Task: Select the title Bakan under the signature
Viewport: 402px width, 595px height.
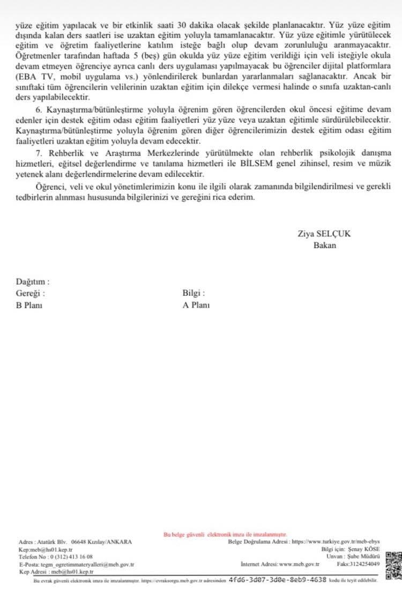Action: pyautogui.click(x=325, y=246)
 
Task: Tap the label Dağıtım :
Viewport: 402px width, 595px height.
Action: pyautogui.click(x=33, y=281)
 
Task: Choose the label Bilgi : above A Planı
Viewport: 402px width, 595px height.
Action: pyautogui.click(x=193, y=293)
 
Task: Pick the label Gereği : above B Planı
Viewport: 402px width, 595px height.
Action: pyautogui.click(x=31, y=293)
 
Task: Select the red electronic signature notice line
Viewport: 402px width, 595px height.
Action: pyautogui.click(x=225, y=534)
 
